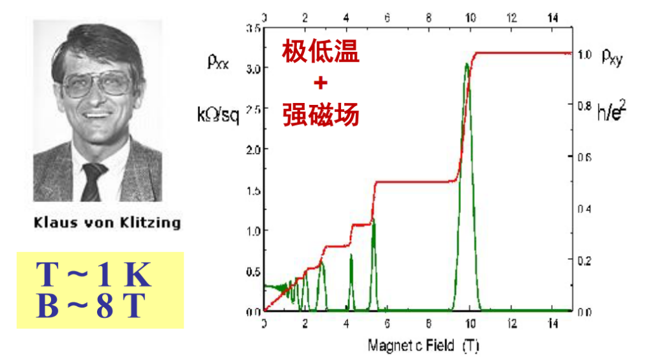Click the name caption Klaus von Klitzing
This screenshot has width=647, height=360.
click(x=107, y=224)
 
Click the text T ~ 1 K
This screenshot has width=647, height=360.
click(x=93, y=276)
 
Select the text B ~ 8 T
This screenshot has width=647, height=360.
click(x=90, y=306)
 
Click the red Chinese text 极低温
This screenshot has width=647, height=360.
click(x=321, y=52)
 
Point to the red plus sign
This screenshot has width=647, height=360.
click(x=321, y=84)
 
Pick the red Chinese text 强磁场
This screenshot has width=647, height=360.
click(x=321, y=115)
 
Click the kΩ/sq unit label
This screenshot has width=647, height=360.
click(x=217, y=115)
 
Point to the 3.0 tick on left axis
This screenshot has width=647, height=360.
click(x=253, y=68)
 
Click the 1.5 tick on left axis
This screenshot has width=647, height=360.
click(x=253, y=190)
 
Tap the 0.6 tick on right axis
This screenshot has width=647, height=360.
click(x=585, y=157)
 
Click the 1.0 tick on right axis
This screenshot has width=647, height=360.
click(x=585, y=56)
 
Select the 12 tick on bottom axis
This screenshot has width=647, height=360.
click(x=512, y=324)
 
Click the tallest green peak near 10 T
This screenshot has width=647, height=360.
click(x=467, y=65)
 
